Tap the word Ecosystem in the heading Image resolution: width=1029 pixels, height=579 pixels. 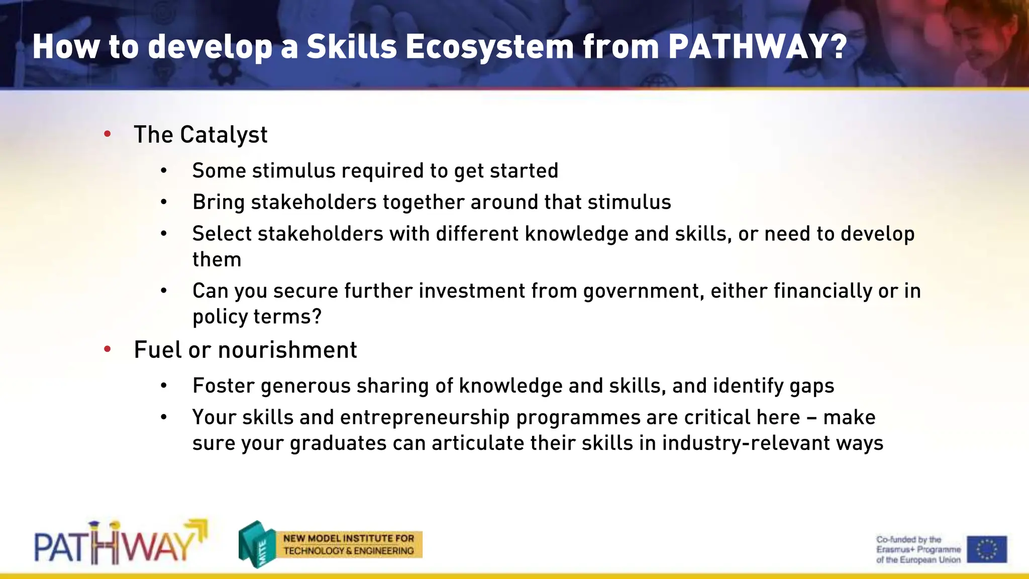click(x=489, y=47)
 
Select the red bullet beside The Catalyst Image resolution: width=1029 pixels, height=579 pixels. click(x=107, y=134)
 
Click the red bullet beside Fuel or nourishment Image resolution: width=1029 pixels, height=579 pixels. click(x=107, y=349)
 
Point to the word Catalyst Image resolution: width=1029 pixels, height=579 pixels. click(x=224, y=135)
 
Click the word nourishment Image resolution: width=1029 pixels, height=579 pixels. click(x=287, y=350)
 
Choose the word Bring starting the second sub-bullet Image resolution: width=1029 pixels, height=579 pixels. click(x=219, y=202)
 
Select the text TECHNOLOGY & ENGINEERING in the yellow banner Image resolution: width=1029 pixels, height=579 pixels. click(x=348, y=551)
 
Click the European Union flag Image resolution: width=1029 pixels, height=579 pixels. click(x=987, y=549)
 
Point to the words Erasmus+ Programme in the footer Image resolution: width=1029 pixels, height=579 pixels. click(x=918, y=549)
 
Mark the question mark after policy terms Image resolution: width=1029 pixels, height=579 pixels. click(x=317, y=317)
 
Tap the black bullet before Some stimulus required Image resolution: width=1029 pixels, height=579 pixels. click(x=163, y=171)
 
